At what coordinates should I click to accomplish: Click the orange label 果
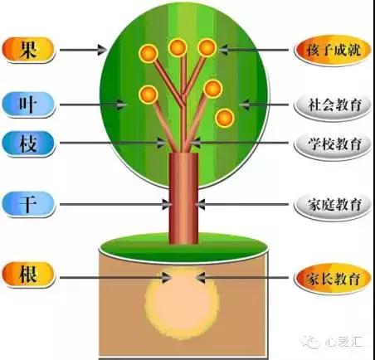pos(28,50)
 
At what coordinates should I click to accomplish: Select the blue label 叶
pos(28,105)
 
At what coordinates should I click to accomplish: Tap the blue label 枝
pos(28,144)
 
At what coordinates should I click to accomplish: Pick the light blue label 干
pos(28,204)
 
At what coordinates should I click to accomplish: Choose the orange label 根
pos(28,275)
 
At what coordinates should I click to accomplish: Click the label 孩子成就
pos(333,51)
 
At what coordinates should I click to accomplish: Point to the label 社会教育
pos(333,105)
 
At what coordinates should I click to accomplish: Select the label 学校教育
pos(333,144)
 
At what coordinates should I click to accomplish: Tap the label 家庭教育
pos(333,205)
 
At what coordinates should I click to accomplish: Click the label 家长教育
pos(333,279)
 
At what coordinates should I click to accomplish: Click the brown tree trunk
pos(183,198)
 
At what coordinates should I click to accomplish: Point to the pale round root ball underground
pos(183,303)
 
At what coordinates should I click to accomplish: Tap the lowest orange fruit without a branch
pos(225,118)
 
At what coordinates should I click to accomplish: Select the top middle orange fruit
pos(178,47)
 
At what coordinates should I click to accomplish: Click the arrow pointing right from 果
pos(84,50)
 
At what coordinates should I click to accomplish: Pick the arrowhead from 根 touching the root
pos(166,278)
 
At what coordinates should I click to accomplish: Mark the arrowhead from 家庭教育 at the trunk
pos(200,205)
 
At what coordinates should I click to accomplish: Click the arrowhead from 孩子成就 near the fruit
pos(223,50)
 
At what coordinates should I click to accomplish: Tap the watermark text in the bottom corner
pos(333,343)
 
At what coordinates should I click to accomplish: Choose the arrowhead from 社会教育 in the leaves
pos(244,105)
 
